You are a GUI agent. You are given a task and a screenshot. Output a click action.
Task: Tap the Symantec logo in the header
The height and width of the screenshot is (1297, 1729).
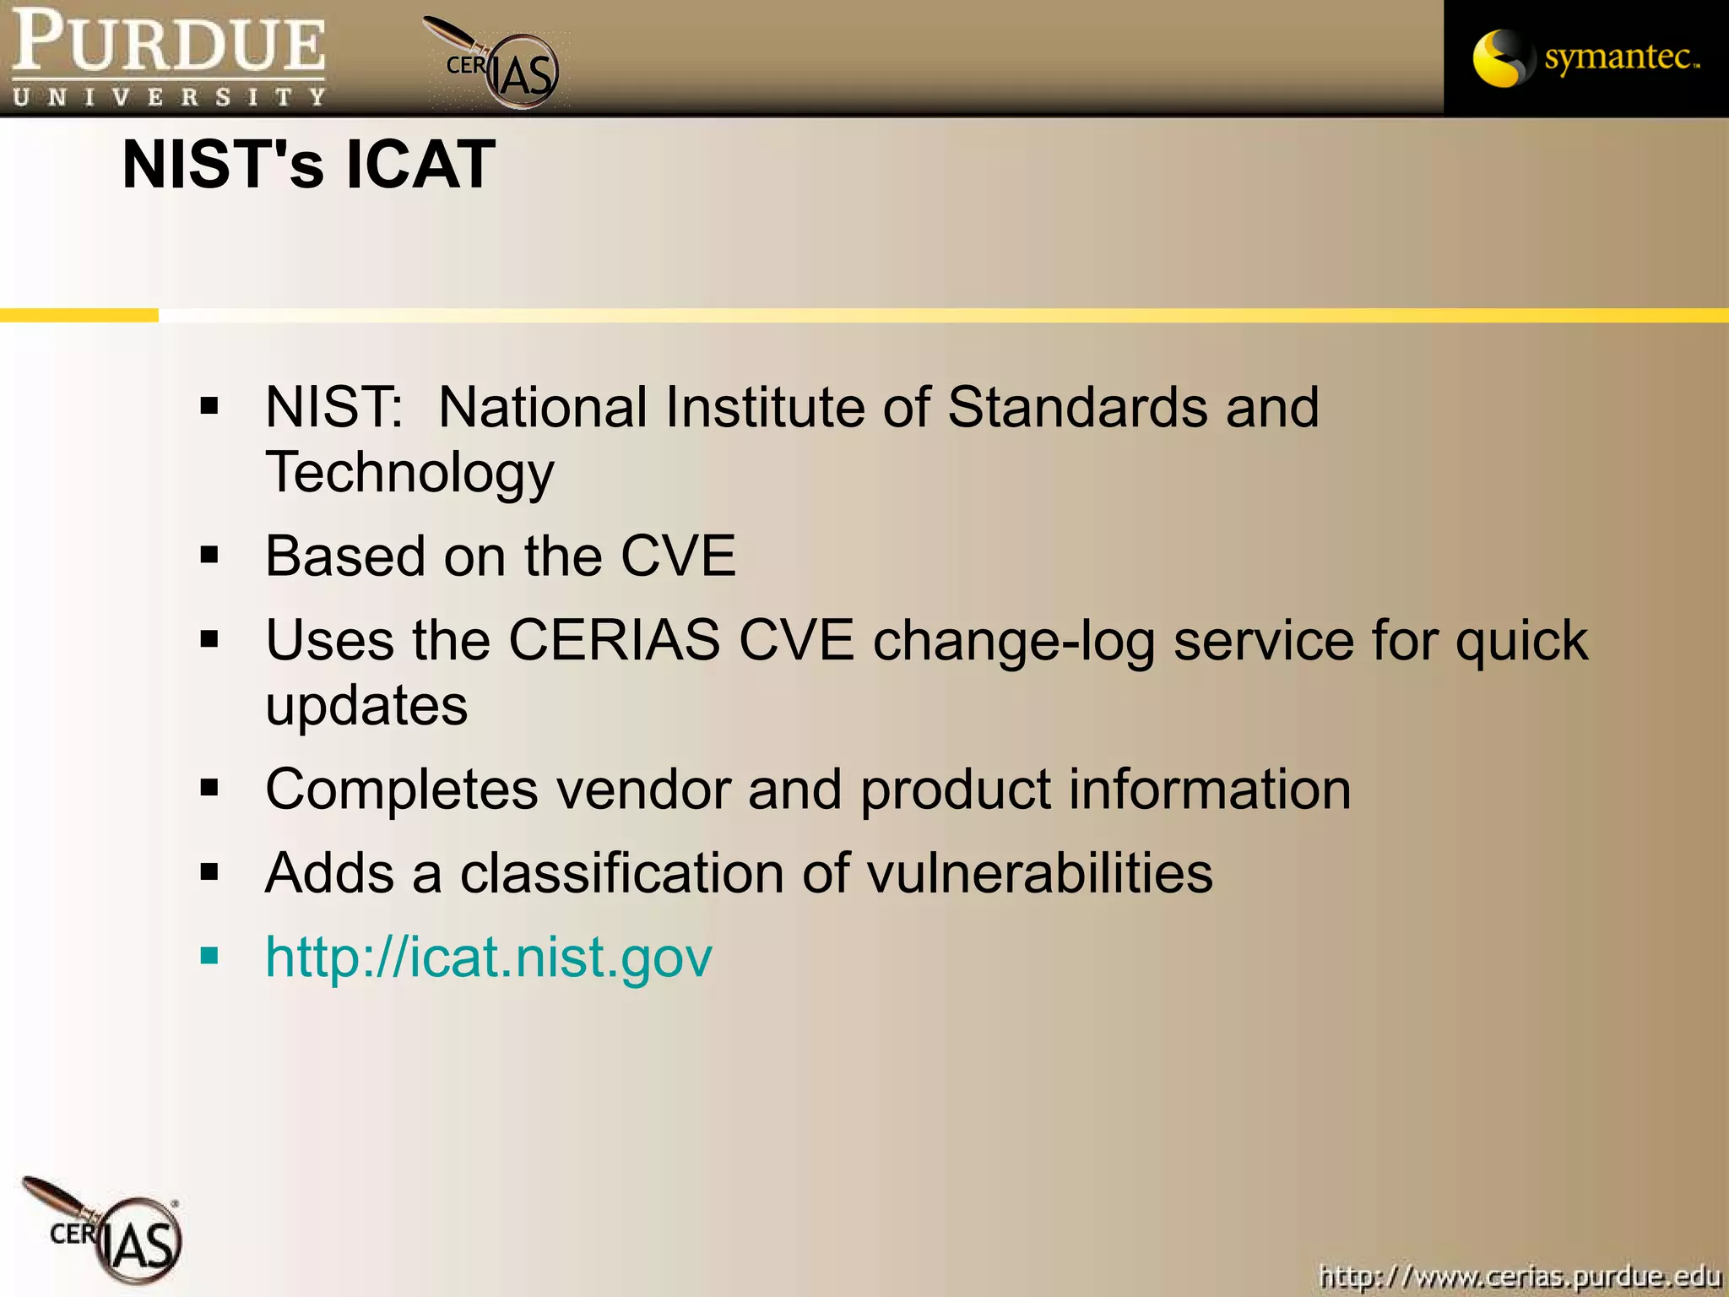coord(1585,57)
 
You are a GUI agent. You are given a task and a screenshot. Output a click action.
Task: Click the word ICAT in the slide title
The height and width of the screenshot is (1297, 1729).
coord(420,164)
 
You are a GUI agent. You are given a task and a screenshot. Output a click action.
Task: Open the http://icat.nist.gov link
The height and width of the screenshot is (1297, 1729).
coord(488,957)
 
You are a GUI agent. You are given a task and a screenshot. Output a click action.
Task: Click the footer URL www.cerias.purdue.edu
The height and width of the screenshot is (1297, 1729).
coord(1520,1275)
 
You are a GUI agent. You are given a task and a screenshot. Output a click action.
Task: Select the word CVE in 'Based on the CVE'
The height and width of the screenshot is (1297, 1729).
coord(678,556)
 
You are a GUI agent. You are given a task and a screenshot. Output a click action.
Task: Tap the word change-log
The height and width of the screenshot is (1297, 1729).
coord(1013,640)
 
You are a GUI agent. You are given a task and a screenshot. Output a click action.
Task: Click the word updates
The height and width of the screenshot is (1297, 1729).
coord(366,705)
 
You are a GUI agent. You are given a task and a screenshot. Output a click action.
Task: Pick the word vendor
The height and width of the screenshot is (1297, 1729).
coord(642,790)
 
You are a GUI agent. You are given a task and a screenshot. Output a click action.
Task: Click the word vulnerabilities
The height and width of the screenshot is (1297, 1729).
coord(1039,872)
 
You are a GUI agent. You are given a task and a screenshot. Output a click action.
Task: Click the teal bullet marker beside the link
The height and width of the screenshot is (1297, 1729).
coord(209,957)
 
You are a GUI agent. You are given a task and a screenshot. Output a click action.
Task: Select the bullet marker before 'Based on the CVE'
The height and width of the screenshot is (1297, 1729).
coord(209,556)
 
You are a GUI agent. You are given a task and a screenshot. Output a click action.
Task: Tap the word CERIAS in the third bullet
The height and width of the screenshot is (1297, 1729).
coord(614,640)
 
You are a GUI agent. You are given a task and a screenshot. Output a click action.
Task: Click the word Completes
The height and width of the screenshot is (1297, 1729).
coord(401,790)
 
